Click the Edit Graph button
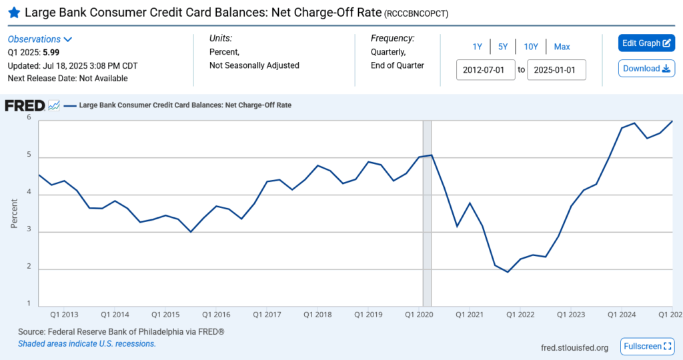point(646,43)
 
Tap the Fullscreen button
point(646,347)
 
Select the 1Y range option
point(477,47)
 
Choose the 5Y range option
point(503,47)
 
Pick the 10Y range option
point(531,47)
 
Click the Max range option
point(562,47)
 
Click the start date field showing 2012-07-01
point(486,70)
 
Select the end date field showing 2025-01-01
point(556,70)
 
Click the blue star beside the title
point(13,13)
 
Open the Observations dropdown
point(40,39)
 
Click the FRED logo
point(25,105)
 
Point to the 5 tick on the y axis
point(29,155)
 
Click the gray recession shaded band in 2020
point(427,213)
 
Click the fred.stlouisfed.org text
point(574,347)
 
